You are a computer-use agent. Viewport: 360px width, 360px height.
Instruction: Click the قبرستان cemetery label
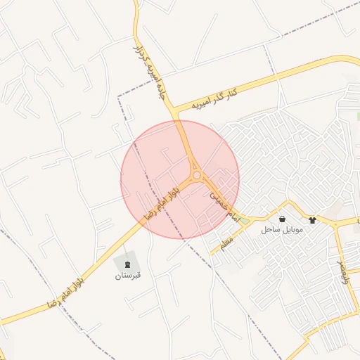pos(129,275)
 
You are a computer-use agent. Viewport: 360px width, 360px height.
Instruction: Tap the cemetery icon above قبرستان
pos(128,264)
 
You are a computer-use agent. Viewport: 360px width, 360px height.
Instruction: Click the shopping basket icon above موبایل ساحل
pos(282,219)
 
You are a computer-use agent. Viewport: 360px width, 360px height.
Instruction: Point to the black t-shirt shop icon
pos(312,220)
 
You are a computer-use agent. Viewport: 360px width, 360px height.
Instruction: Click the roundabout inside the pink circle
pos(198,175)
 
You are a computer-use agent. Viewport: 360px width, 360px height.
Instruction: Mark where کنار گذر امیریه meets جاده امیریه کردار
pos(177,112)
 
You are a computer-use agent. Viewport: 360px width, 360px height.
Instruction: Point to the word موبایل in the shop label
pos(290,230)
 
